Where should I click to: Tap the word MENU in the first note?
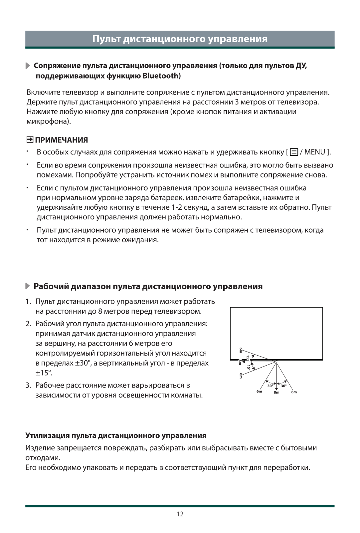[x=314, y=152]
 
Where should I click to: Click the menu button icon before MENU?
[x=294, y=152]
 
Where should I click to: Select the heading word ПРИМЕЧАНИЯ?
[x=62, y=140]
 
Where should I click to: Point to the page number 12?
[x=180, y=514]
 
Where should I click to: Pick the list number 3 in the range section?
[x=28, y=385]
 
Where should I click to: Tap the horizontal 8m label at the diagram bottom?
[x=276, y=393]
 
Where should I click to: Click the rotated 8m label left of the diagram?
[x=240, y=362]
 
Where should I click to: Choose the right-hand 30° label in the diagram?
[x=283, y=386]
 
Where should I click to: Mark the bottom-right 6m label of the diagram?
[x=294, y=392]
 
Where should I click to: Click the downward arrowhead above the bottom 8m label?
[x=276, y=388]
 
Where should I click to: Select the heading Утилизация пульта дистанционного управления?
[x=116, y=435]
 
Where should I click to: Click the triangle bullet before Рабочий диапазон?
[x=28, y=286]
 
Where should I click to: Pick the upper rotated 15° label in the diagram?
[x=248, y=358]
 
